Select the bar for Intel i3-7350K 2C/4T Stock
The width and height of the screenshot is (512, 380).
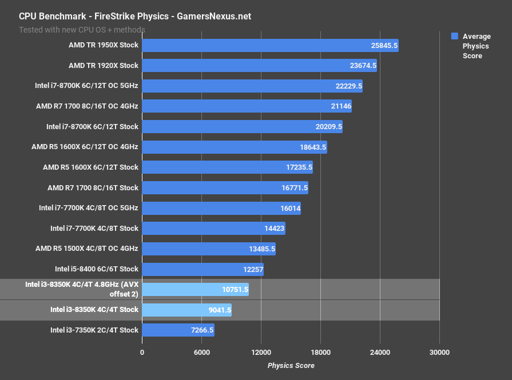178,330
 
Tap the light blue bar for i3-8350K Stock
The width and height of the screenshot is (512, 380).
186,310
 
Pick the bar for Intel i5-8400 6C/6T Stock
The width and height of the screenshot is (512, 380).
203,269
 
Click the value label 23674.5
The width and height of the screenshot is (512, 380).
363,66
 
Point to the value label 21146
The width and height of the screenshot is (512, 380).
340,106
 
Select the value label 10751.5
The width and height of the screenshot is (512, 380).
235,290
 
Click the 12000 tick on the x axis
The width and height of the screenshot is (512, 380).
261,352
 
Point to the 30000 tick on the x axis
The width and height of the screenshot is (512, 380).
439,352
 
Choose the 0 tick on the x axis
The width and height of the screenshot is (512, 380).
142,352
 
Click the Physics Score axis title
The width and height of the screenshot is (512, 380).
291,366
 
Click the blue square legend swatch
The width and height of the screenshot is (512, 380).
455,36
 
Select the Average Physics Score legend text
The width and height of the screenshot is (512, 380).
476,46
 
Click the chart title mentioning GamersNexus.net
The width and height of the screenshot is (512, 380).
135,17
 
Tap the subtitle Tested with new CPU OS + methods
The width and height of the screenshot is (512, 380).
82,30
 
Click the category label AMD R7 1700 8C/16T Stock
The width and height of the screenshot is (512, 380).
93,188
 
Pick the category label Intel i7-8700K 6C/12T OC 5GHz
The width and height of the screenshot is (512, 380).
86,86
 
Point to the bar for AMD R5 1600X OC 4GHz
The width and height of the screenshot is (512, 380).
234,147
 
